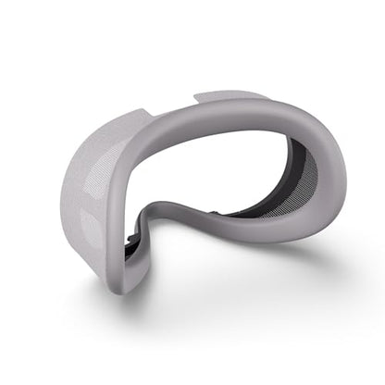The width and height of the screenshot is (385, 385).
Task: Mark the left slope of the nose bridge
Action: pos(148,231)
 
